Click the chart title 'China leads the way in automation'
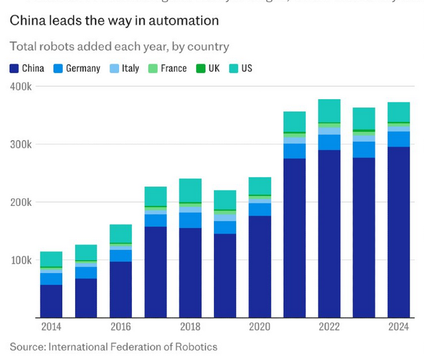(114, 21)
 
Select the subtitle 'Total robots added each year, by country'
(119, 47)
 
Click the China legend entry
(27, 68)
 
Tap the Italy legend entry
(124, 68)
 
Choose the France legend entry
(168, 68)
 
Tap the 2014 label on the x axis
(51, 327)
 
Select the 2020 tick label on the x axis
(260, 327)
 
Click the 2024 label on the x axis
(399, 327)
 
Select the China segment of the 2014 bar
(51, 301)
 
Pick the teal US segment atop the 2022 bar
(329, 110)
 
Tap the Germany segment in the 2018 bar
(190, 220)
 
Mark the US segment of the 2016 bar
(121, 233)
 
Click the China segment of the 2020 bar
(260, 267)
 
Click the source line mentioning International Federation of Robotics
(114, 346)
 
